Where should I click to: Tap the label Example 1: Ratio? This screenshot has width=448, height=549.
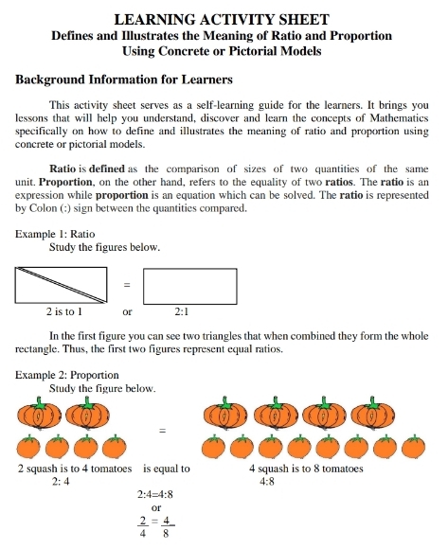55,233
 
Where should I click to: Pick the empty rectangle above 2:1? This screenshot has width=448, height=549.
189,285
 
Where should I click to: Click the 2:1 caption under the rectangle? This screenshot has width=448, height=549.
183,310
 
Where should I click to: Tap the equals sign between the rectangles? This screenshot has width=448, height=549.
125,285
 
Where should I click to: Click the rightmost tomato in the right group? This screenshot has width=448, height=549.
413,446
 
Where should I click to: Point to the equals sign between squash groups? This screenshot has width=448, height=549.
162,431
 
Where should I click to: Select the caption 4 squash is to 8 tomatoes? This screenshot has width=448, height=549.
307,468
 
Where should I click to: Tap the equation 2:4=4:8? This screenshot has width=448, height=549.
155,494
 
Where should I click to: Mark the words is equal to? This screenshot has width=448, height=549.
167,468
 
